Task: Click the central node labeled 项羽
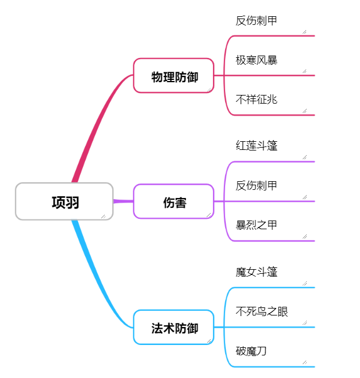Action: (x=64, y=201)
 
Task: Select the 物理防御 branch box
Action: (x=174, y=76)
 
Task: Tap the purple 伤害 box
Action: (x=174, y=201)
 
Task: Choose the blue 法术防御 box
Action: (x=174, y=328)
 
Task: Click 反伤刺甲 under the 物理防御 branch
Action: (x=256, y=21)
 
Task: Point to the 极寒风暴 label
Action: (x=256, y=60)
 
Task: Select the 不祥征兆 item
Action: (x=256, y=100)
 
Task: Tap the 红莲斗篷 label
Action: (x=256, y=146)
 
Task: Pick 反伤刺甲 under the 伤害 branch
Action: (x=256, y=186)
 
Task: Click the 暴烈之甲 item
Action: (x=256, y=225)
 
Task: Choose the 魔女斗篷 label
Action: (x=256, y=272)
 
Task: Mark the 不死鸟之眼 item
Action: (x=262, y=312)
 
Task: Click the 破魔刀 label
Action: (x=251, y=351)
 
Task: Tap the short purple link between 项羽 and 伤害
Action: (x=123, y=201)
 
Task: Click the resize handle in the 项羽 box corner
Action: (x=104, y=216)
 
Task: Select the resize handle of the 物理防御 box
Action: (x=208, y=89)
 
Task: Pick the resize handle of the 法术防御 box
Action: (x=208, y=341)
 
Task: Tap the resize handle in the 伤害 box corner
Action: (x=208, y=215)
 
